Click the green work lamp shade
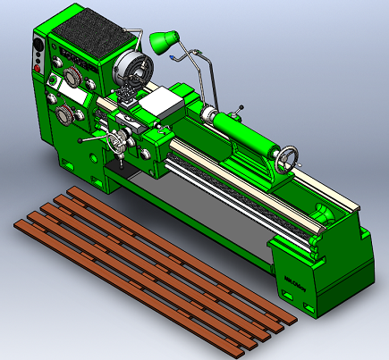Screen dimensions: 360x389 (x=163, y=39)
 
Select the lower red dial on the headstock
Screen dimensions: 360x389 (x=65, y=115)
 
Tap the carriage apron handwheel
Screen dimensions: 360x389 (x=115, y=145)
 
